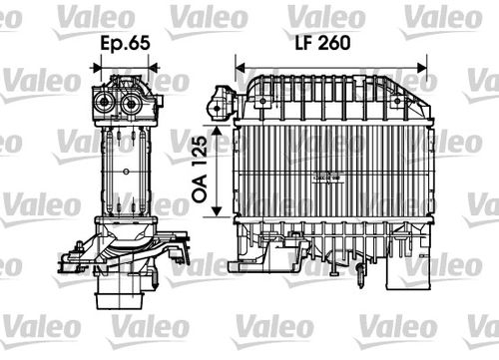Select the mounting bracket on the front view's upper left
pos(220,98)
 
